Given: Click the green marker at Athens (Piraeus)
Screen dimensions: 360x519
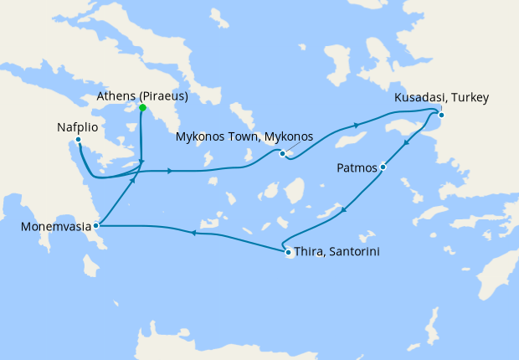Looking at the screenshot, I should point(142,108).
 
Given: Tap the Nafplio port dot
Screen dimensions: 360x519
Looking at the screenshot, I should point(78,140).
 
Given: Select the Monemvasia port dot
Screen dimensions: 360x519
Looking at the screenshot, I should point(97,225).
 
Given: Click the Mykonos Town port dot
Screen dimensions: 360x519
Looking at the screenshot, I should point(283,153).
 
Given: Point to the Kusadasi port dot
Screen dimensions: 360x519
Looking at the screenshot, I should point(441,115).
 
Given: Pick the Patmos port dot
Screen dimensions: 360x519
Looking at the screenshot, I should point(383,167).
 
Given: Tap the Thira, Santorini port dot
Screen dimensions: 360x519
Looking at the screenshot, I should point(288,252).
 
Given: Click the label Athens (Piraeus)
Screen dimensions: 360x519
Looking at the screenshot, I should point(141,95).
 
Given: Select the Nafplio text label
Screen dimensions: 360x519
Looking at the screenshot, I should point(78,127).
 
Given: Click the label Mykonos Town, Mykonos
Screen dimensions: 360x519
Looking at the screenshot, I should point(244,136).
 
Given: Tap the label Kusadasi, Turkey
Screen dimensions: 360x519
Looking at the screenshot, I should point(441,99).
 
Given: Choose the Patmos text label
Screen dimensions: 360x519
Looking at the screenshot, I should point(357,167).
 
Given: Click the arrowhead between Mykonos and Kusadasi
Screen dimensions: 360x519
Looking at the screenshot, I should point(358,126).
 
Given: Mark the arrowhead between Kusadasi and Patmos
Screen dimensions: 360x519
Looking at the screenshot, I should point(406,144).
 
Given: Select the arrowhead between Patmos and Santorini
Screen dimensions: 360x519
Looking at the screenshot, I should point(347,208).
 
